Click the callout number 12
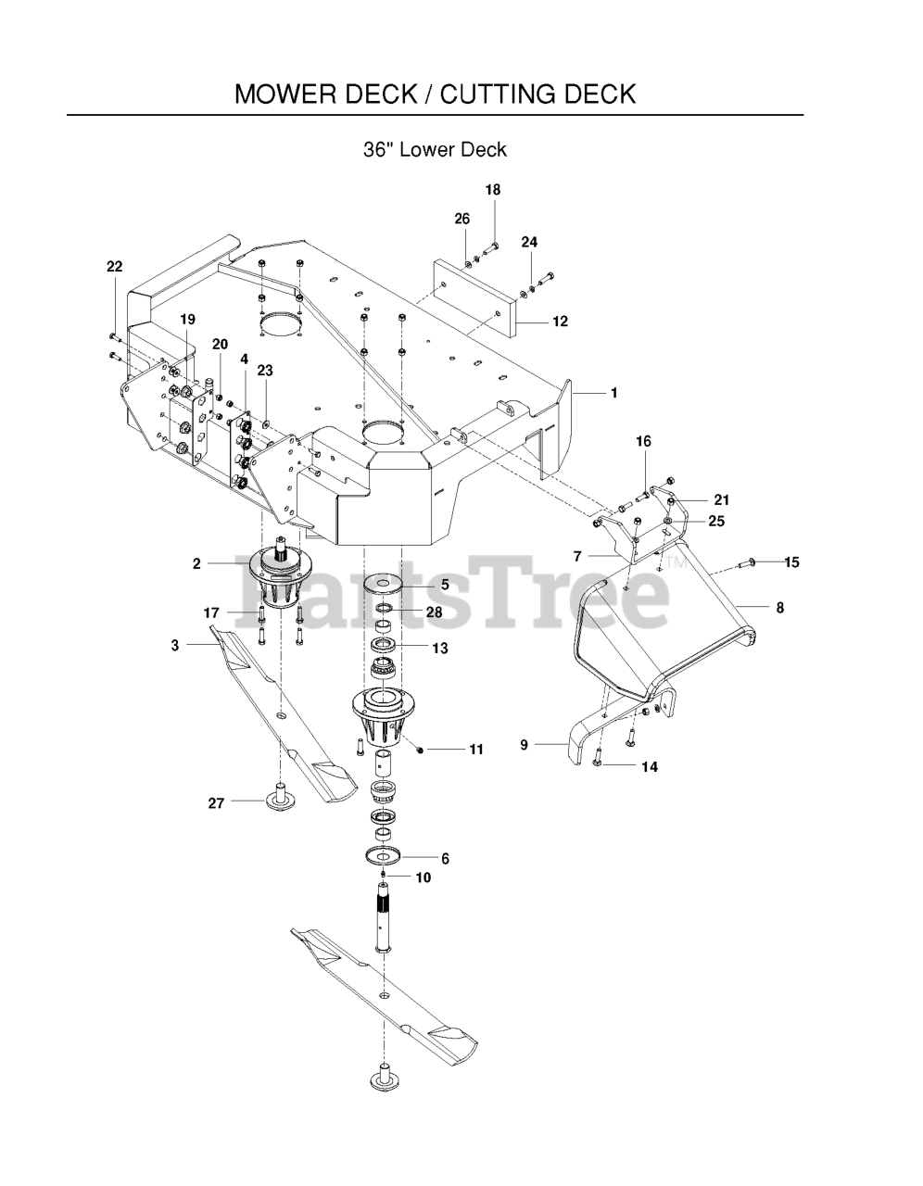click(560, 322)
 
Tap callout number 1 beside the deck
click(613, 393)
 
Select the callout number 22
click(114, 267)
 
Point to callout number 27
click(216, 803)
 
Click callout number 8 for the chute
click(779, 608)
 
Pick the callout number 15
click(791, 562)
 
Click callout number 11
click(475, 750)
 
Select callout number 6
click(445, 859)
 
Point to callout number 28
click(434, 612)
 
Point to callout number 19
click(187, 320)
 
